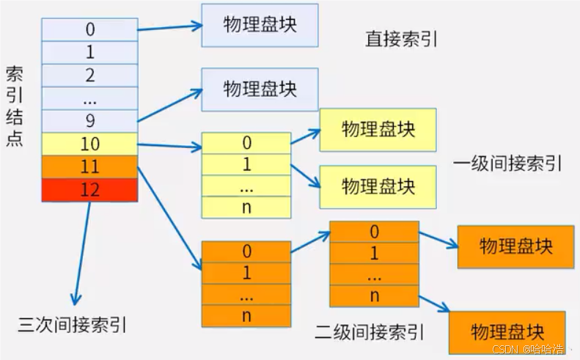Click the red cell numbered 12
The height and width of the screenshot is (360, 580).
[89, 190]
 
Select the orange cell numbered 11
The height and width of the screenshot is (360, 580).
[89, 167]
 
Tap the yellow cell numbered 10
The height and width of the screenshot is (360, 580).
[89, 144]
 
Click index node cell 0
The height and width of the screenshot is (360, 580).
[89, 30]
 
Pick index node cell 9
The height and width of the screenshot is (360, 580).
[89, 121]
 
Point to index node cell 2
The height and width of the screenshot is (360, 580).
[89, 76]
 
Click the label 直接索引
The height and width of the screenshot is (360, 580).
[401, 39]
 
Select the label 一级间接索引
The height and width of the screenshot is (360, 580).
[507, 163]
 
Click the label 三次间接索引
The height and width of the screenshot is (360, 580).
[77, 323]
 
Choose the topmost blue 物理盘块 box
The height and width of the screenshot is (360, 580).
[260, 26]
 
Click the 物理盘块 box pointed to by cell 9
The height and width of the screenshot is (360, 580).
[260, 89]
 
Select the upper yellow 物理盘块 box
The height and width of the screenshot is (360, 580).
[378, 130]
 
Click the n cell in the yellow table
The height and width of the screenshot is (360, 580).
[246, 207]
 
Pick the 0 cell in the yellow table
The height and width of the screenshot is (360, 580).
[246, 143]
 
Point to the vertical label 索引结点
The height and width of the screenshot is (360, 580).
[15, 106]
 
